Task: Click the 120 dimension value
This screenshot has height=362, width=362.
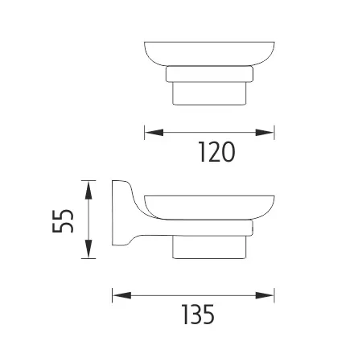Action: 216,152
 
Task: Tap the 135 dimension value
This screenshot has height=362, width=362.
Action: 198,315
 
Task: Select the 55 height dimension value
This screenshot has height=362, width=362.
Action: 63,221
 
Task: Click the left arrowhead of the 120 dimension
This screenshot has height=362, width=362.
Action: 154,133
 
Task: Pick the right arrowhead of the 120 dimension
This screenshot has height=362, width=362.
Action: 265,133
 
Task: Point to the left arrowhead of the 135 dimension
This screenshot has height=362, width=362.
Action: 121,295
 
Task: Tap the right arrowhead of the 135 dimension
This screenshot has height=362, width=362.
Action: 265,295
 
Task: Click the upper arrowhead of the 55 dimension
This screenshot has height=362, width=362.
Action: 88,190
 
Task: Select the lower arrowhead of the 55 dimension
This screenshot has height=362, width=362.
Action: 88,249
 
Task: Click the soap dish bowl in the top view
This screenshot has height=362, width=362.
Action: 209,54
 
